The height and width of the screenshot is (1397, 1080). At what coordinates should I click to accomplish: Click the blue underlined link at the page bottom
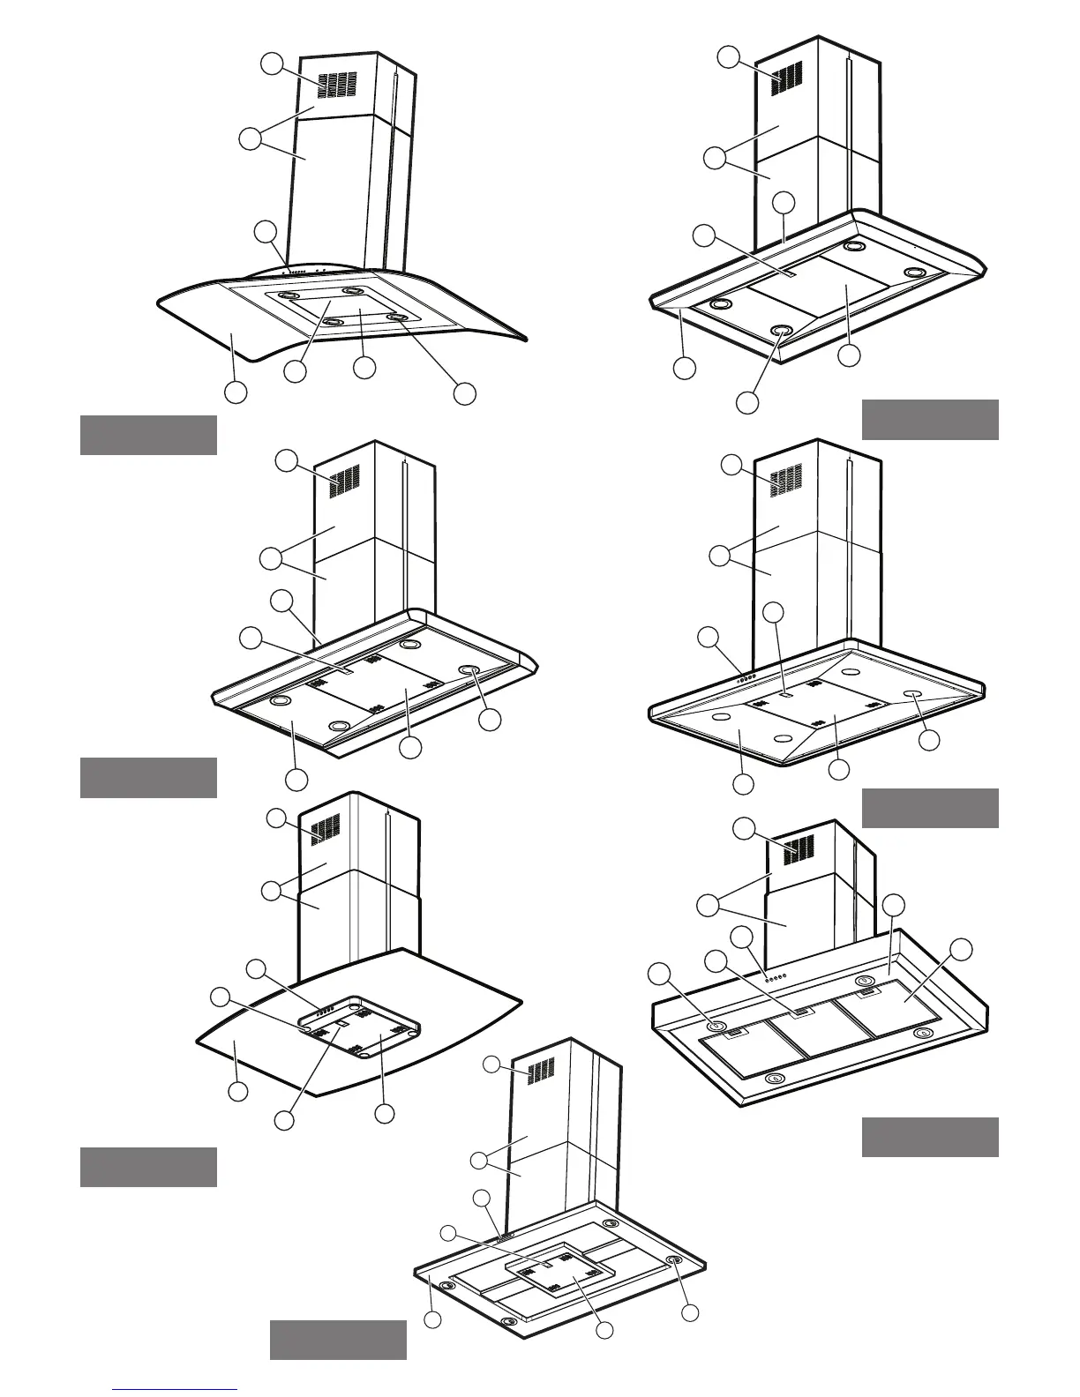[175, 1390]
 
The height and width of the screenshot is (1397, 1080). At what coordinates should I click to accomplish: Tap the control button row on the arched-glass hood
[305, 272]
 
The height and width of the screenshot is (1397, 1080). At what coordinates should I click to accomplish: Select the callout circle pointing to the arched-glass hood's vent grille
[273, 63]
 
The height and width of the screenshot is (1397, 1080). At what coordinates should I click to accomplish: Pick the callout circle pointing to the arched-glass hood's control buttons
[265, 232]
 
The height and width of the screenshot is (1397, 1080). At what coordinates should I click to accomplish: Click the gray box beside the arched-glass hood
[148, 435]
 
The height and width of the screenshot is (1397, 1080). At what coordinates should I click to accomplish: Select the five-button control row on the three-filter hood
[776, 978]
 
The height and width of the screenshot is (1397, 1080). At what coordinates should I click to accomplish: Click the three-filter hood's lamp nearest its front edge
[774, 1078]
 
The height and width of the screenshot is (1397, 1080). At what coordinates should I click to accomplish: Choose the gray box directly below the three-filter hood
[929, 1137]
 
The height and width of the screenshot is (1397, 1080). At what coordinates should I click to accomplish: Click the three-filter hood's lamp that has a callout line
[716, 1026]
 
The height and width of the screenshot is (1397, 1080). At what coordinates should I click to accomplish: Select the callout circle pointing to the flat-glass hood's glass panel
[236, 1091]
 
